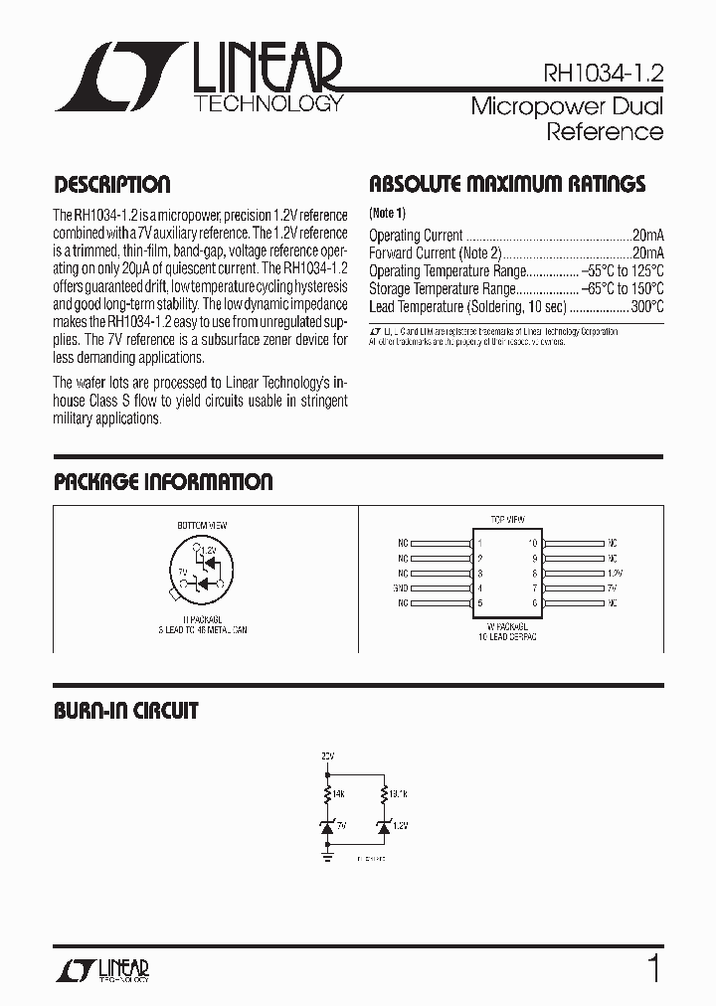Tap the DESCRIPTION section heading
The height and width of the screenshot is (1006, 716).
111,185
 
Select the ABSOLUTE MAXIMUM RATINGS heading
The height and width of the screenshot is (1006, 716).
507,185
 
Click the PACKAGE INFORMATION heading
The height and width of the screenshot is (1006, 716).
162,483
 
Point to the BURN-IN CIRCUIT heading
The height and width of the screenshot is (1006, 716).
125,712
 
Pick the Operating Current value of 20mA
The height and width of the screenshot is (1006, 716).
647,236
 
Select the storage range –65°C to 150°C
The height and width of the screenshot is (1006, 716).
623,289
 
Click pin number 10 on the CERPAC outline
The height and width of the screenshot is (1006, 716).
533,544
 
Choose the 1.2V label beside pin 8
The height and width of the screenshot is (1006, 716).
614,574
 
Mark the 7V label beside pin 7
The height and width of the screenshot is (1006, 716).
612,588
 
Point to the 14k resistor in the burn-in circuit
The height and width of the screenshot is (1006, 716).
327,793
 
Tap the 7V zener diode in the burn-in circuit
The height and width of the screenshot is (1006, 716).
327,825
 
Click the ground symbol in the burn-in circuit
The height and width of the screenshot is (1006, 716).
327,851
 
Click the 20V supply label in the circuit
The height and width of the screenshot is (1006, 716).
327,756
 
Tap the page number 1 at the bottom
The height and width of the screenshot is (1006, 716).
652,967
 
